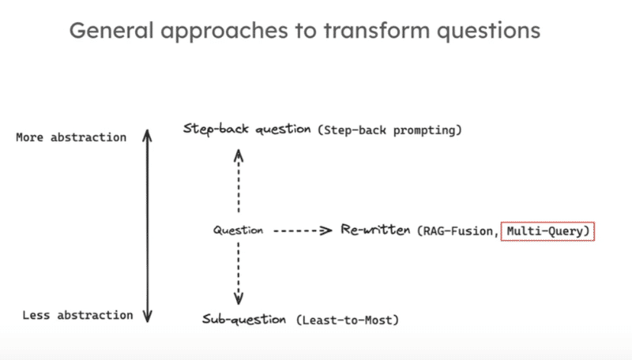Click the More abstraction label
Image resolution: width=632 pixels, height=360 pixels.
point(70,137)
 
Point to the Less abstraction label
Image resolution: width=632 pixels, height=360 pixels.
point(77,315)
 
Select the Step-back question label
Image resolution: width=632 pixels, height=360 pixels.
point(247,129)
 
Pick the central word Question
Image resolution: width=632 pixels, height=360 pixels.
point(238,231)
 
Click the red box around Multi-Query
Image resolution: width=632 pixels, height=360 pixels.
point(547,231)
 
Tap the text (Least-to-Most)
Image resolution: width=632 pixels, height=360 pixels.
point(348,321)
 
